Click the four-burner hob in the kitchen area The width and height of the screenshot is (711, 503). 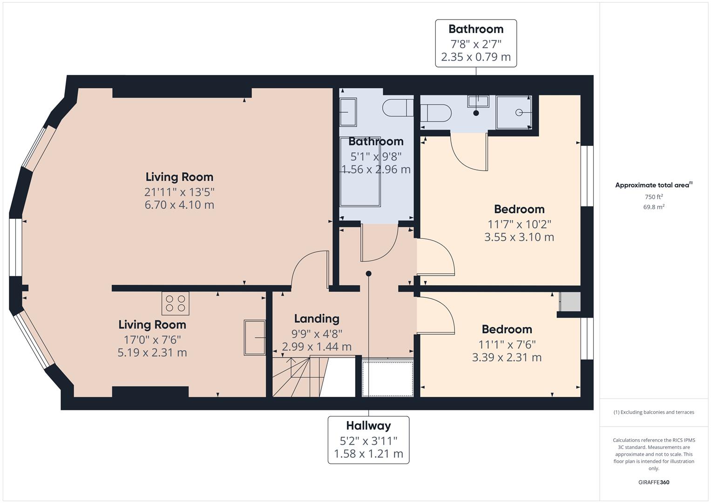175,304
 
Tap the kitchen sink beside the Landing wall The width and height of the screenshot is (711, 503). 255,338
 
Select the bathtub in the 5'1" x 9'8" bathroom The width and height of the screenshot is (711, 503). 360,172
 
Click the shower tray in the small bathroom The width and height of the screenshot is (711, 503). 514,112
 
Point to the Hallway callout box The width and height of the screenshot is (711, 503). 368,440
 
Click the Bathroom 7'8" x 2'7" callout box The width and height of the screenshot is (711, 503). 476,43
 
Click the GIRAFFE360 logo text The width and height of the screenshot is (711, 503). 654,482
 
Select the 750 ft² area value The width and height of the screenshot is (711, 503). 654,197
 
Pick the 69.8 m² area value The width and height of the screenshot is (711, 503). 654,207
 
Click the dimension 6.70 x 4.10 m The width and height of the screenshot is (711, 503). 179,205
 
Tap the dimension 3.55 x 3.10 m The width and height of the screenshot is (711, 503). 519,237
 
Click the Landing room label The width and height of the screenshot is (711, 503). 317,319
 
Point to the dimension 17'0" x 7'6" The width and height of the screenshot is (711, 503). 152,340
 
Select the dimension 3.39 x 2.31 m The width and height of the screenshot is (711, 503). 507,358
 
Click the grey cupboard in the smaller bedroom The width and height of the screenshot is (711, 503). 570,302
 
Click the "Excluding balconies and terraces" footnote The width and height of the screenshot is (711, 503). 654,412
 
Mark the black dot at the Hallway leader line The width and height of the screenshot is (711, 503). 368,273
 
